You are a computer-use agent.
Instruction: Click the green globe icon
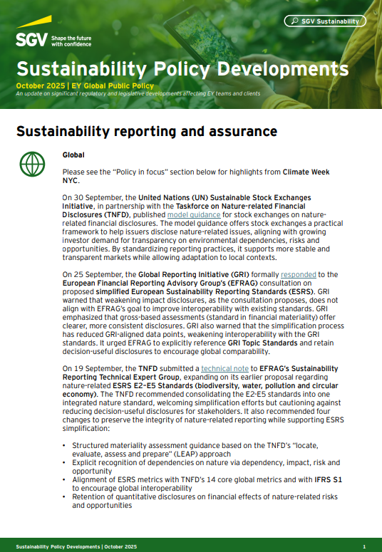coord(32,165)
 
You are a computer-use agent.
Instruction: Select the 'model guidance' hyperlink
coord(190,214)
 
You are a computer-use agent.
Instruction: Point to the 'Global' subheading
coord(73,155)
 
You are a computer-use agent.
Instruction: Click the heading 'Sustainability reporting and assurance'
coord(146,132)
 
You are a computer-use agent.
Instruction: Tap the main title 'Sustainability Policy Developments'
coord(182,69)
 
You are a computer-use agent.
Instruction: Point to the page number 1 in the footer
coord(363,546)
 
